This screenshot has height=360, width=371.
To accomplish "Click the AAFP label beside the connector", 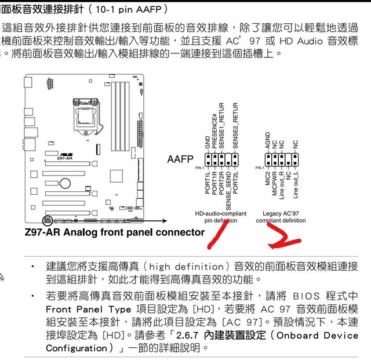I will [x=180, y=159].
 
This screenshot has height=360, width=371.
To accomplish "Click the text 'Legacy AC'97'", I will [x=281, y=213].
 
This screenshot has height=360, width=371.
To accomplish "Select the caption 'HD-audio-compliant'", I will [x=220, y=213].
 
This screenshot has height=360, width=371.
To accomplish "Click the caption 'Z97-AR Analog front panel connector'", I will [x=115, y=232].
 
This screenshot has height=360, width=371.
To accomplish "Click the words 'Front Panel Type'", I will [x=85, y=309].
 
